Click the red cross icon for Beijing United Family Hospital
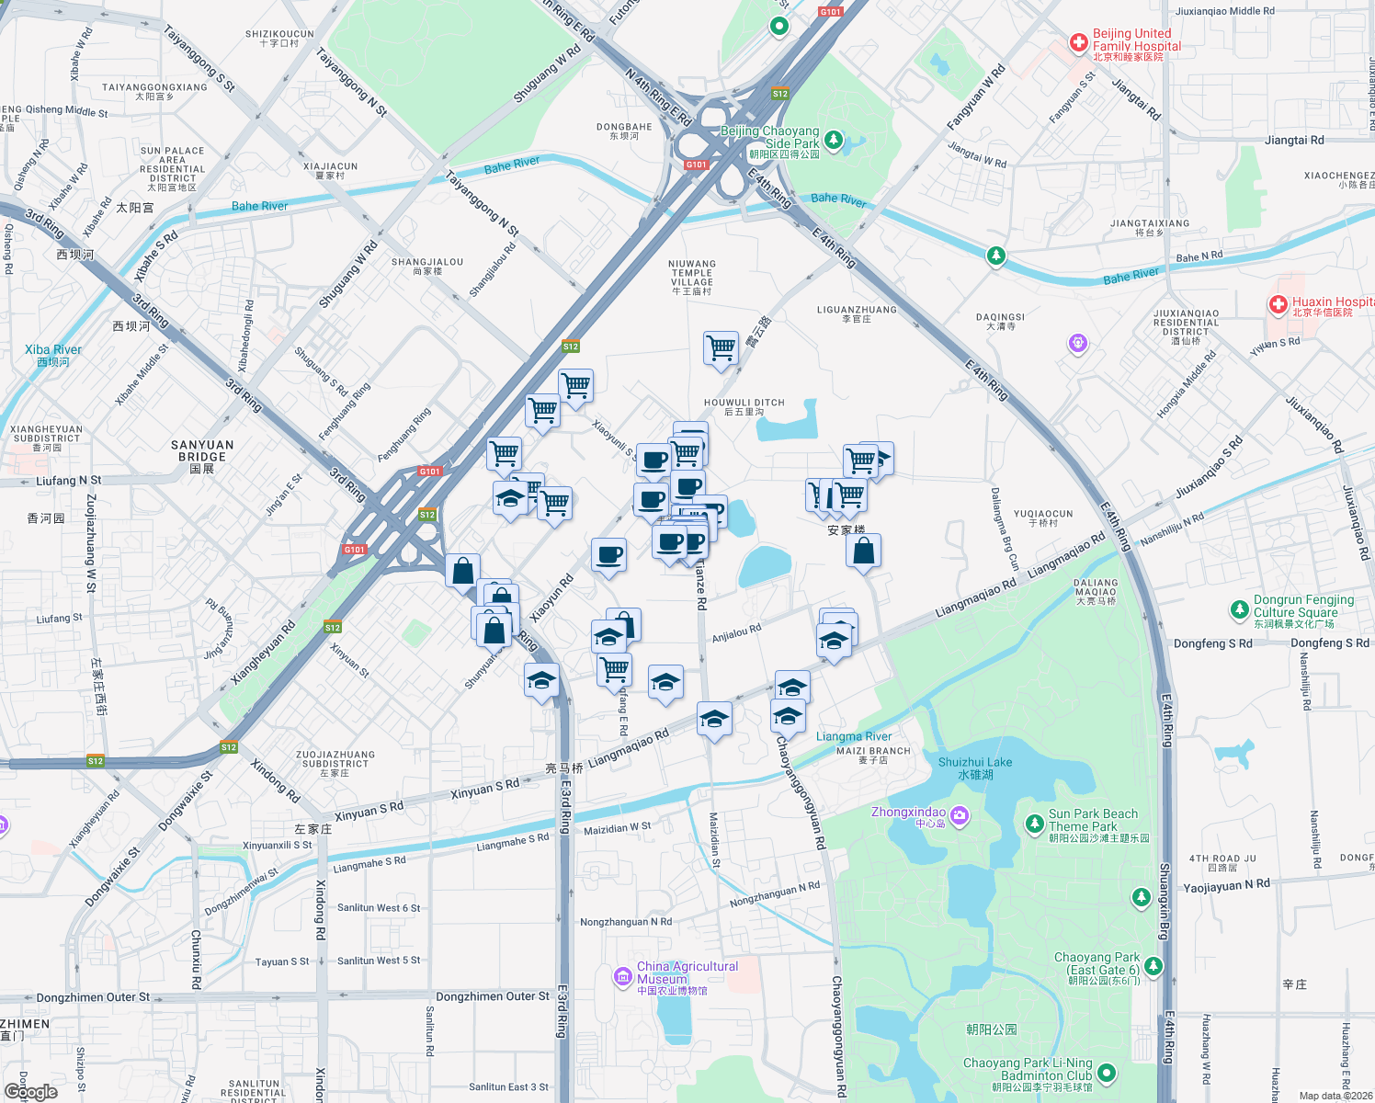[x=1079, y=43]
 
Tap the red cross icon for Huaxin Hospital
[x=1278, y=305]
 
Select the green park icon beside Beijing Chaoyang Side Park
[x=834, y=140]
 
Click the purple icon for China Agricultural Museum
[x=623, y=976]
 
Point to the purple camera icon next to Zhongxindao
[x=960, y=815]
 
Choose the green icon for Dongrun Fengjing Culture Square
[x=1239, y=609]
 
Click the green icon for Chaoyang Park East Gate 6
[x=1153, y=966]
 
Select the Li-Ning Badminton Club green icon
[x=1107, y=1073]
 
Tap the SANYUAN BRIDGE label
[x=202, y=450]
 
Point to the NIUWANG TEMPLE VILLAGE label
[x=692, y=277]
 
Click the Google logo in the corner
[x=30, y=1091]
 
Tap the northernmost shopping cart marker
[x=722, y=348]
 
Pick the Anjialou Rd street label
[x=736, y=633]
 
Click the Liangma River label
[x=854, y=736]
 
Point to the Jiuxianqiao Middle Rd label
[x=1225, y=11]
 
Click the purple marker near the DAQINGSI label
[x=1078, y=344]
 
